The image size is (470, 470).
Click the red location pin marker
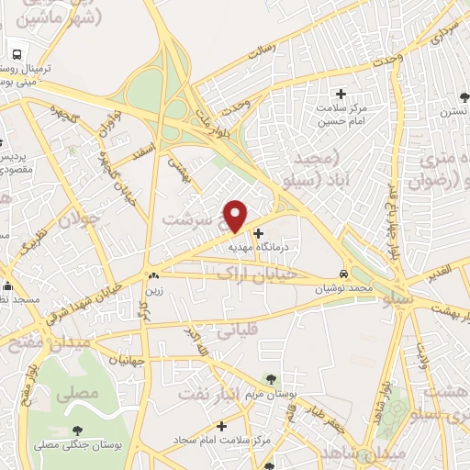[x=236, y=216]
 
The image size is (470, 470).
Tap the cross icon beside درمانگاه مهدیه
[x=257, y=233]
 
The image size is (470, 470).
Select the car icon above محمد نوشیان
[x=343, y=274]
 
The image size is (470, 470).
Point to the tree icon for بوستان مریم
[x=271, y=378]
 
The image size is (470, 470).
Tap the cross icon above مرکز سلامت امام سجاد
[x=221, y=426]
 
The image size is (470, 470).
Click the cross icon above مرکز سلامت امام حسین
[x=341, y=94]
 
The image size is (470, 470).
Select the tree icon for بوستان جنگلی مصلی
[x=77, y=430]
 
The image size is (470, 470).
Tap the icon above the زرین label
[x=152, y=274]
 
